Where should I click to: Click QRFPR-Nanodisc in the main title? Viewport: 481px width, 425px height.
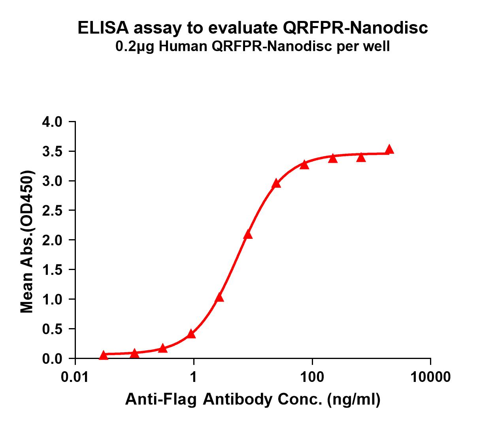tap(355, 28)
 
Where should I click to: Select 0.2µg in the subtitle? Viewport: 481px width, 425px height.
tap(133, 47)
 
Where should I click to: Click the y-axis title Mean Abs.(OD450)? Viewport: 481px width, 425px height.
tap(27, 242)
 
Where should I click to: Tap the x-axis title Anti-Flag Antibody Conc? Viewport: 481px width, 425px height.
tap(225, 400)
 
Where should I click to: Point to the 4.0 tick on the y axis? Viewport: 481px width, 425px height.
tap(52, 122)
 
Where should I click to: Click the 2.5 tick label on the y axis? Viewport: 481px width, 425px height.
tap(52, 211)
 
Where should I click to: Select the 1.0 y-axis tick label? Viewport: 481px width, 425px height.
tap(52, 299)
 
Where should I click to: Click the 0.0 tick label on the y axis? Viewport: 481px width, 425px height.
tap(52, 359)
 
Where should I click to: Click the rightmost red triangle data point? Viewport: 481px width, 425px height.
tap(389, 149)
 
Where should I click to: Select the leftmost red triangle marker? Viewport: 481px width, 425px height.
tap(104, 355)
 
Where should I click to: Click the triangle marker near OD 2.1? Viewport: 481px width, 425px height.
tap(248, 235)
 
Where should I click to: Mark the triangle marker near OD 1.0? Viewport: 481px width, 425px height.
tap(220, 298)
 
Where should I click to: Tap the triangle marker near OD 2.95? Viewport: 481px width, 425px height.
tap(276, 183)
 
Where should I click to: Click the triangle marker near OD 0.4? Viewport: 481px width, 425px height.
tap(191, 334)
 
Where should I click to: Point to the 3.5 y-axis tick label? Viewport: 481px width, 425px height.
tap(52, 151)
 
